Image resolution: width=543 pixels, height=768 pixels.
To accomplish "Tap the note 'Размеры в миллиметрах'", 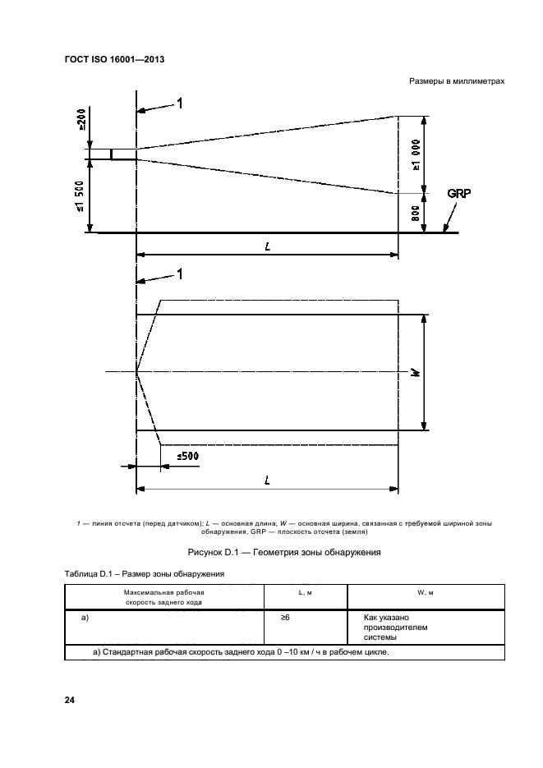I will [x=455, y=81].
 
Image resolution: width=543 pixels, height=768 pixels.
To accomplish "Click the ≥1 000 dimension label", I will [x=417, y=155].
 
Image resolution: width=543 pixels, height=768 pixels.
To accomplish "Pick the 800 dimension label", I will [x=416, y=213].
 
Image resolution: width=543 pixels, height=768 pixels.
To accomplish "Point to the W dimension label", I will [x=416, y=372].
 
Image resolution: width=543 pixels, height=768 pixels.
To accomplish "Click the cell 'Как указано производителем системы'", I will [x=390, y=627].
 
